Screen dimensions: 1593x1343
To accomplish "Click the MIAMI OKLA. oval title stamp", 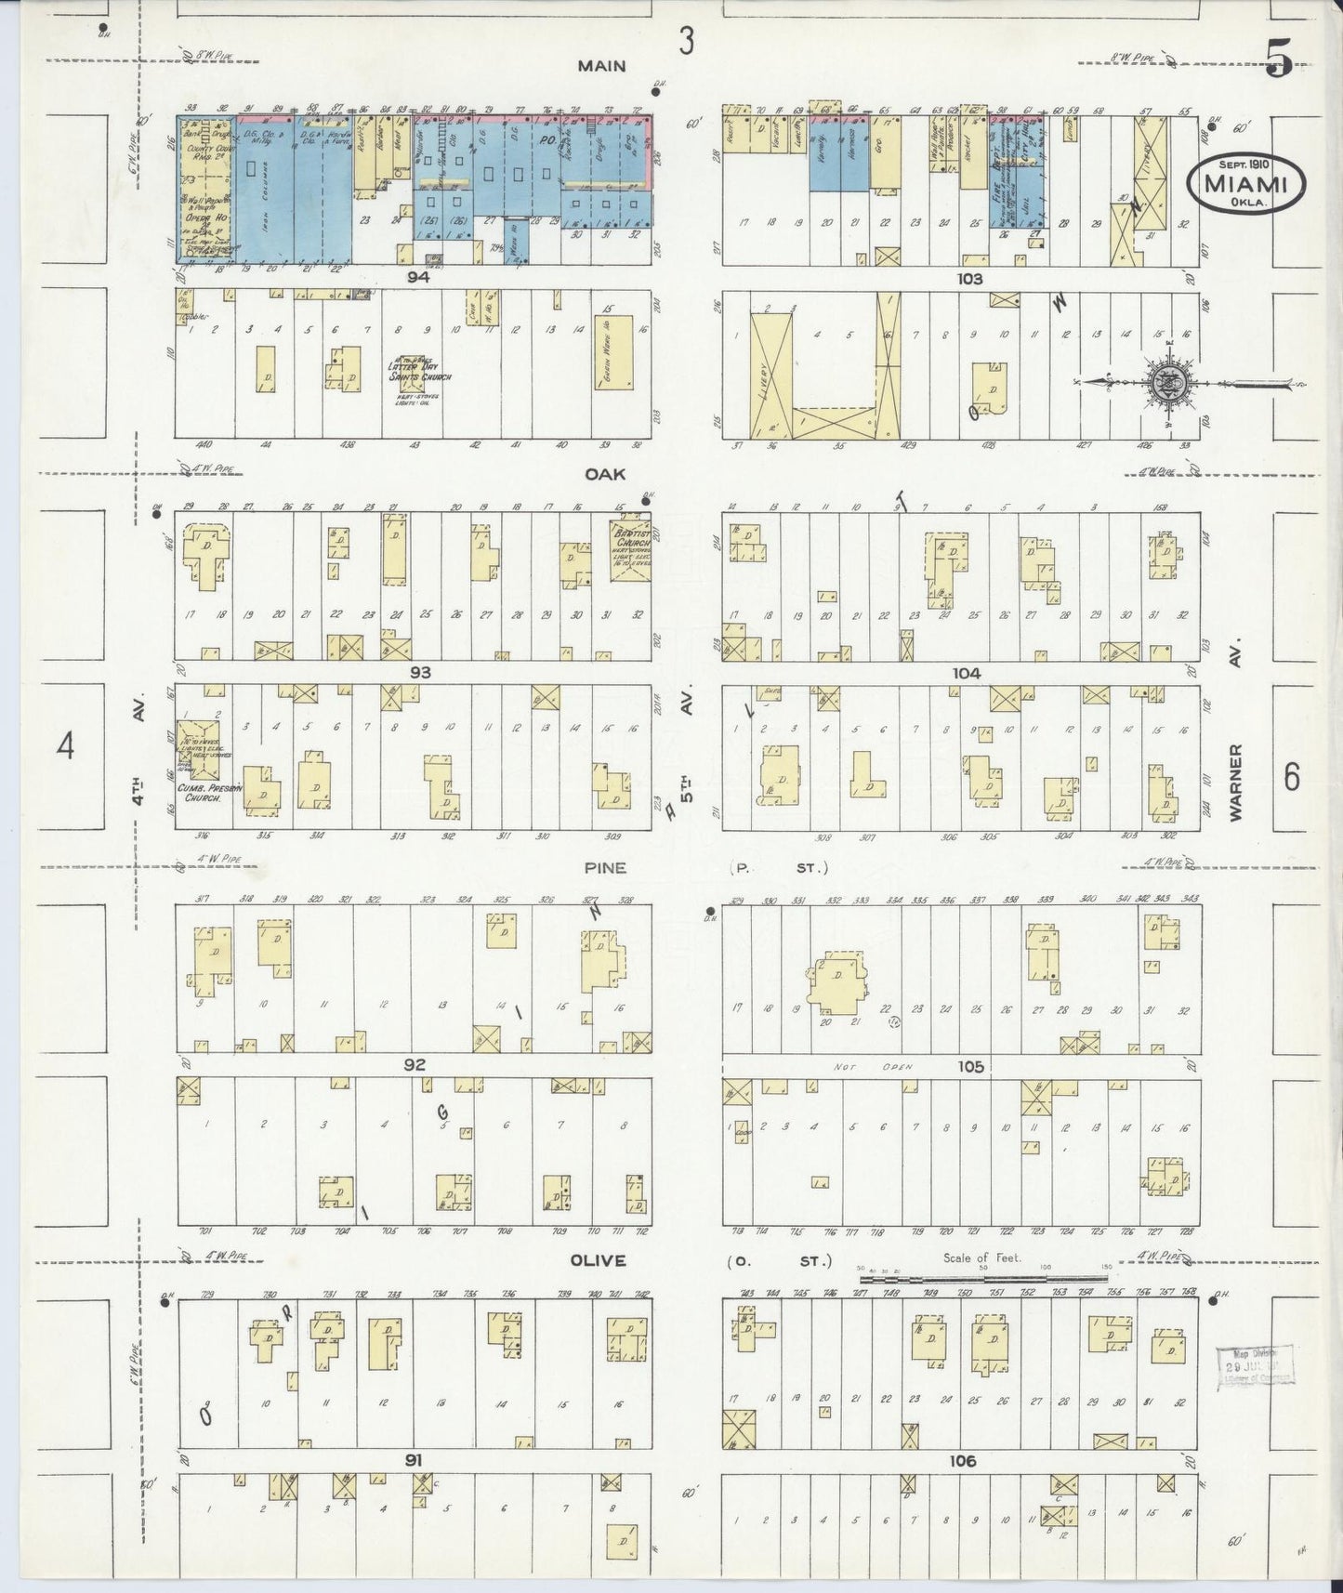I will [1245, 182].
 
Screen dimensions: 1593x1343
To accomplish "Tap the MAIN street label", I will [601, 66].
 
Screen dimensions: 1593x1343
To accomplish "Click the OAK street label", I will [604, 474].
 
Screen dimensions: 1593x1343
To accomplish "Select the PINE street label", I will [605, 868].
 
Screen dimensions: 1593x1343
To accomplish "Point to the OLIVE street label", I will [599, 1260].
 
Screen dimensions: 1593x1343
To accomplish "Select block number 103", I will [961, 278].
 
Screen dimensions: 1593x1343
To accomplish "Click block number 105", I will [970, 1066].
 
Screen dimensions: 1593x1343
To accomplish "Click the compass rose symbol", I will [1167, 382].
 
